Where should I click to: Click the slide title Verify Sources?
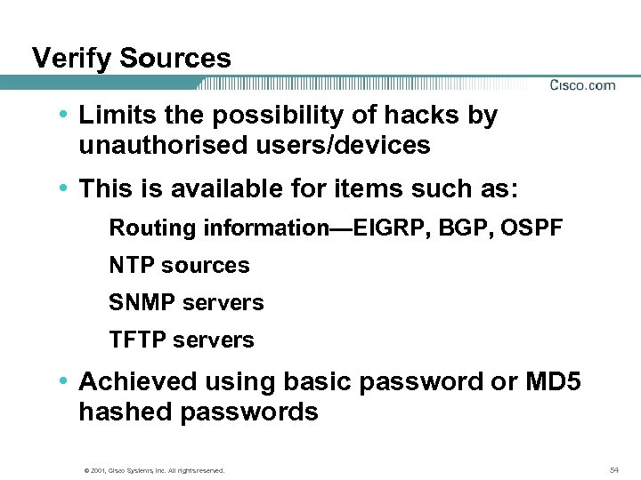click(131, 59)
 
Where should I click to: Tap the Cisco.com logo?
click(582, 85)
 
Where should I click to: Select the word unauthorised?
click(156, 145)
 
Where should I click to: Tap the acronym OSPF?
click(531, 228)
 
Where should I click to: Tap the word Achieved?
click(138, 381)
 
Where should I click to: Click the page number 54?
click(613, 468)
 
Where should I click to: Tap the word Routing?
click(152, 228)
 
